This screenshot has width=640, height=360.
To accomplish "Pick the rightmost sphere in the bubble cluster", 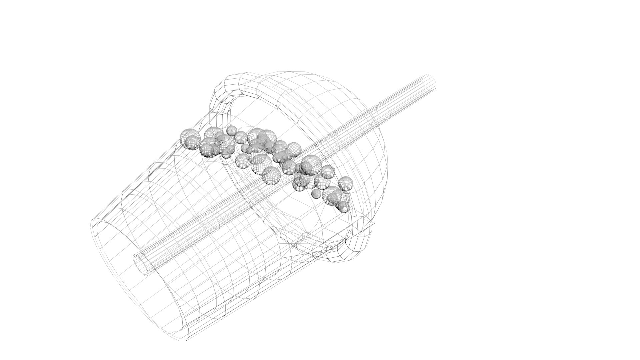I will (x=346, y=183).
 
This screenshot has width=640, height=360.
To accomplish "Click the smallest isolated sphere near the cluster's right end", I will (x=316, y=193).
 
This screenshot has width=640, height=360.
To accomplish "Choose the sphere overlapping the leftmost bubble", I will (x=192, y=143).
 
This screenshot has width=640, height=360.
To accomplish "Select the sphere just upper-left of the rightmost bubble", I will (x=328, y=172).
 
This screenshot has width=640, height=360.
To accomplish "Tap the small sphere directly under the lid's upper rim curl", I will (x=231, y=130).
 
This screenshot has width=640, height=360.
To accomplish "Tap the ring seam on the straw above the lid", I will (x=383, y=111).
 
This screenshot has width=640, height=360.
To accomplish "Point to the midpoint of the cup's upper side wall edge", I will (x=150, y=168).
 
